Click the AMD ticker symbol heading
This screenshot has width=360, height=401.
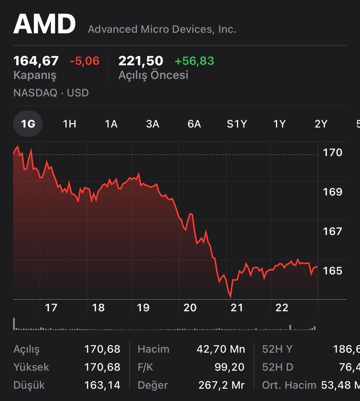(x=44, y=24)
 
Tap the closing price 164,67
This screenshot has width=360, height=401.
(x=36, y=61)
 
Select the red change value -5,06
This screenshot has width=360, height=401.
(x=85, y=61)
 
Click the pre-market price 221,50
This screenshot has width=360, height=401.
(x=141, y=61)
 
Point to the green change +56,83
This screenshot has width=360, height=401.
(x=194, y=61)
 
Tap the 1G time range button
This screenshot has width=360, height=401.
(x=28, y=124)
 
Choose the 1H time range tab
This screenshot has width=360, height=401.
(x=69, y=124)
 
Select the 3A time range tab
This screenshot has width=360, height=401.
(x=153, y=124)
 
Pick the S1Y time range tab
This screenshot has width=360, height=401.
(x=237, y=124)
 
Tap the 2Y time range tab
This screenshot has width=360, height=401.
(x=321, y=124)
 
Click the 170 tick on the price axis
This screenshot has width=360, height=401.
(x=332, y=153)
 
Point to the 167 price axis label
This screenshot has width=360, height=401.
(x=332, y=231)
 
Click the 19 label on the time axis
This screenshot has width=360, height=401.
(x=143, y=308)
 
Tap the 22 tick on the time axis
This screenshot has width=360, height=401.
(x=282, y=308)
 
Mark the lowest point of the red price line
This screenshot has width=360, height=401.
(x=230, y=297)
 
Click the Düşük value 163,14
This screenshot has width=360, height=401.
(x=102, y=385)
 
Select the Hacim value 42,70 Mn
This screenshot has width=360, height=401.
(x=221, y=349)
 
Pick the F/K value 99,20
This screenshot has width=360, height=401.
(x=229, y=367)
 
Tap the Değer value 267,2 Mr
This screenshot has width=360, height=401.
(x=222, y=385)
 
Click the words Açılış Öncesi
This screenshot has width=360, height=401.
(x=153, y=75)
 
